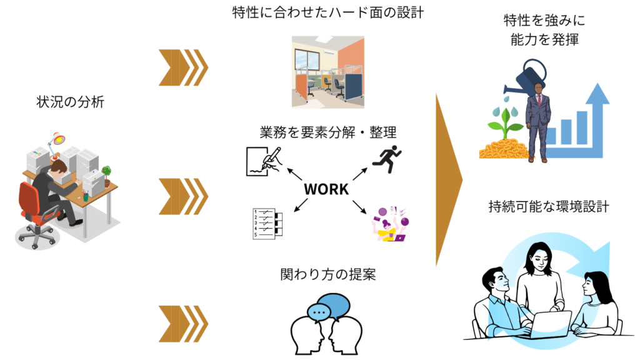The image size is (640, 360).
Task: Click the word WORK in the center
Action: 326,189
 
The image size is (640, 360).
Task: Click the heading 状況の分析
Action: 71,102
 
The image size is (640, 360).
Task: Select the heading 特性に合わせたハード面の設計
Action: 328,12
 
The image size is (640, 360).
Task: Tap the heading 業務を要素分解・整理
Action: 328,132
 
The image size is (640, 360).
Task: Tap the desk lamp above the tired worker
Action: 58,139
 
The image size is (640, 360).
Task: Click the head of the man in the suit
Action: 539,88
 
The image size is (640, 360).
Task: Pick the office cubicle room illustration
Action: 327,72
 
